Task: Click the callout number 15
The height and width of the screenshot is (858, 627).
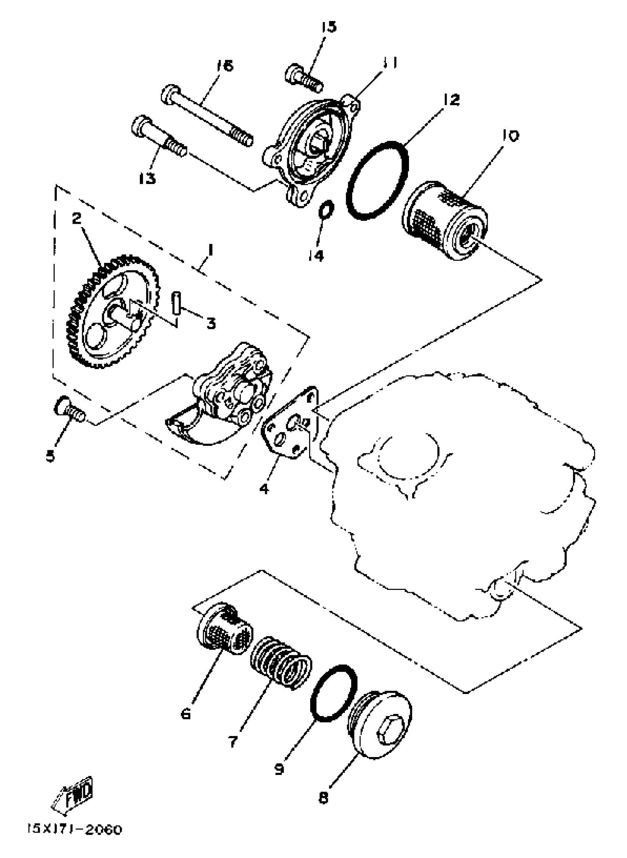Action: (x=329, y=27)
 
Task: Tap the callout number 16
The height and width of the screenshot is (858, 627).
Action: (x=225, y=66)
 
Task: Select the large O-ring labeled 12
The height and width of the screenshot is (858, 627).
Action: (x=378, y=181)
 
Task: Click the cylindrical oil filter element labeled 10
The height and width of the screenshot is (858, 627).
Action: (x=445, y=220)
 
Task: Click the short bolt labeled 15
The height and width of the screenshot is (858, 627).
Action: (x=304, y=78)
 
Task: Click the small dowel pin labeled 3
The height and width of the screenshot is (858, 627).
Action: (x=176, y=302)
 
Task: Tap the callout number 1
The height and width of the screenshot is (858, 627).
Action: (x=210, y=251)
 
